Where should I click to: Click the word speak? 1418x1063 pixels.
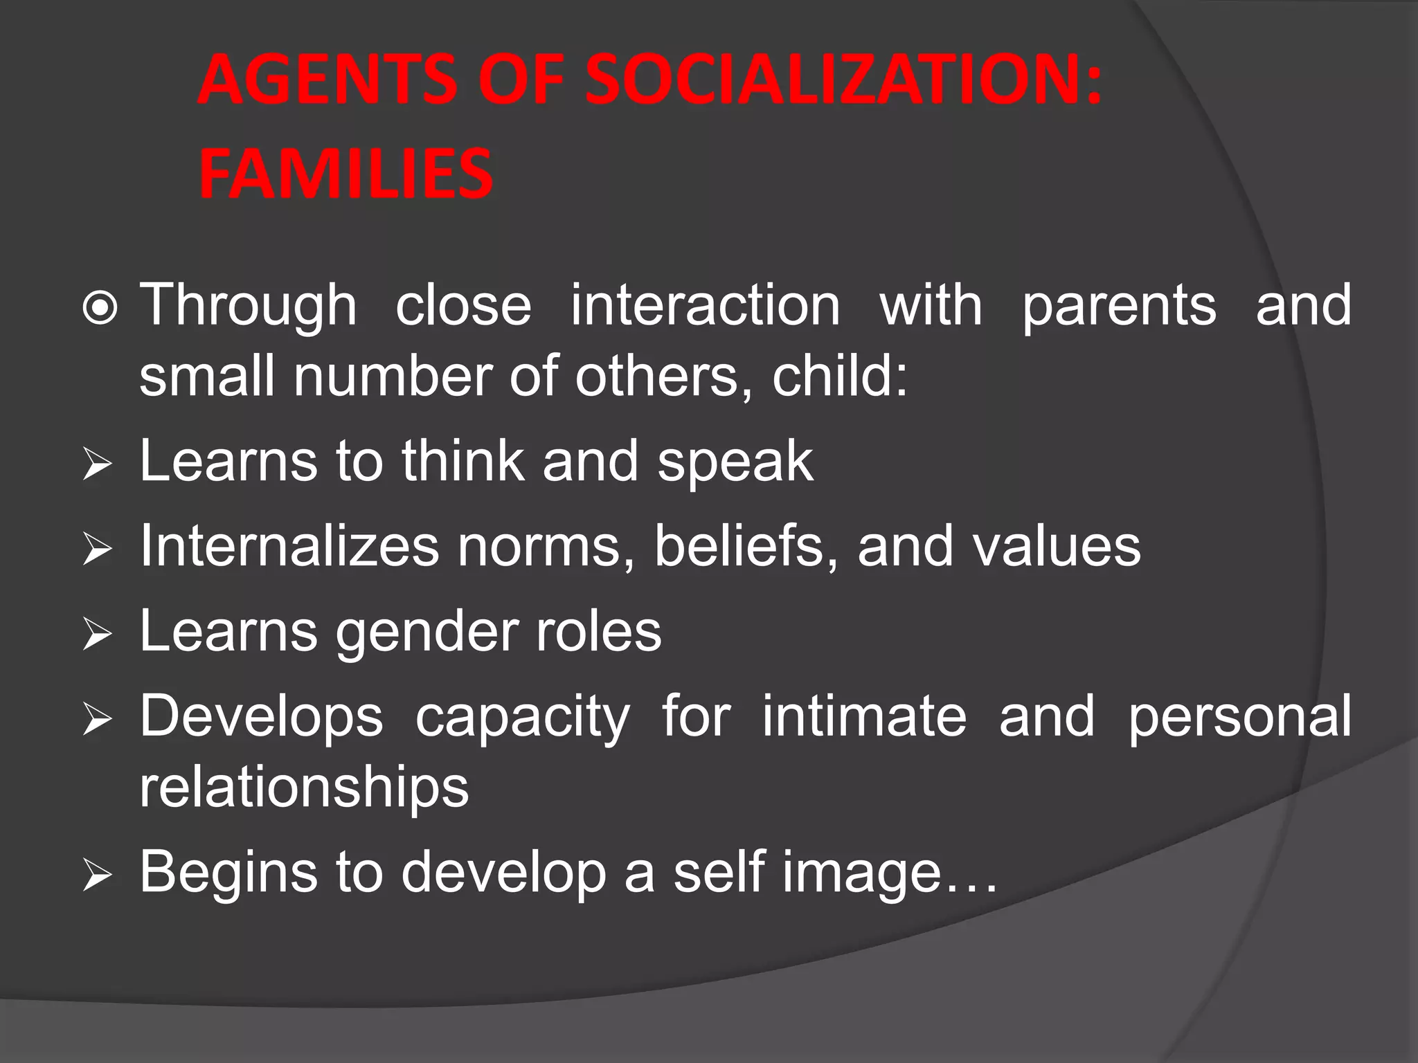735,462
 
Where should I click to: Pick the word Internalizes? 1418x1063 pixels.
289,546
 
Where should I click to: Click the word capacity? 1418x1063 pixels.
523,717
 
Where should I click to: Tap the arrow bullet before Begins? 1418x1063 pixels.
97,876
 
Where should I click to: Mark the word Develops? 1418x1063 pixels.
261,717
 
